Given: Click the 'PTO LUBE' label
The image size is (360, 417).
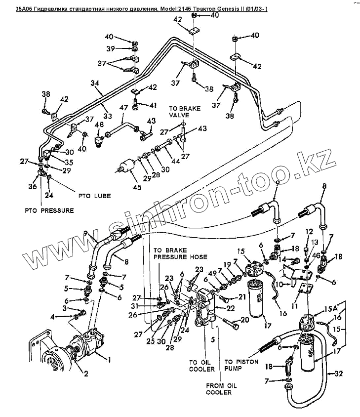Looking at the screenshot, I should pos(95,196).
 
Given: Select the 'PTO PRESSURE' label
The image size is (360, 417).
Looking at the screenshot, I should pos(49,210).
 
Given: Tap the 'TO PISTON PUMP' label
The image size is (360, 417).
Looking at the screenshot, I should pos(241,365).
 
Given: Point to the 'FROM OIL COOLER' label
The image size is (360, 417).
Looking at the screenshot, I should pos(219,389).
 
